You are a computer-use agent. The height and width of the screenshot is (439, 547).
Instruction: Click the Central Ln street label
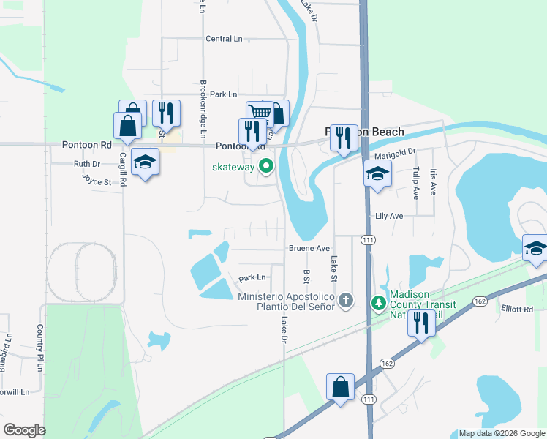pos(224,39)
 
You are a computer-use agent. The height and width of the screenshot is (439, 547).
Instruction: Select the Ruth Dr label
pos(86,164)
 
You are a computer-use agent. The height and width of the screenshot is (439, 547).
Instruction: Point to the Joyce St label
pos(97,179)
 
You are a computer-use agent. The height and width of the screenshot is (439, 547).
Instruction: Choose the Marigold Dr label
pos(395,152)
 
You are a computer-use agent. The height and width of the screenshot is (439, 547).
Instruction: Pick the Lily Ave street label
pos(389,217)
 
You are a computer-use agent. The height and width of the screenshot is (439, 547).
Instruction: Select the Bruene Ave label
pos(309,248)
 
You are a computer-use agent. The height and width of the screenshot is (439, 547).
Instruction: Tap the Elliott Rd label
pos(517,309)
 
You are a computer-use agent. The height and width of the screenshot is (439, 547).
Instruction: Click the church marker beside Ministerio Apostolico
pos(346,300)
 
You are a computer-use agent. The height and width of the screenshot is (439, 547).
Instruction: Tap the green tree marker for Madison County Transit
pos(378,301)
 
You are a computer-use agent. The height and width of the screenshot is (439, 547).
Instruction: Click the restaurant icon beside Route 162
pos(421,323)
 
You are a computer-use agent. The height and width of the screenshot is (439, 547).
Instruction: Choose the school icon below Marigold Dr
pos(377,173)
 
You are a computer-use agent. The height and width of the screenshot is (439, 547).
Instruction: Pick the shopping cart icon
pos(259,113)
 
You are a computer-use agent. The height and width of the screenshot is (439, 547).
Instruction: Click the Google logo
pos(24,430)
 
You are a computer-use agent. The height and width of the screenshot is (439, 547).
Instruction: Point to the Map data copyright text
pos(502,433)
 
